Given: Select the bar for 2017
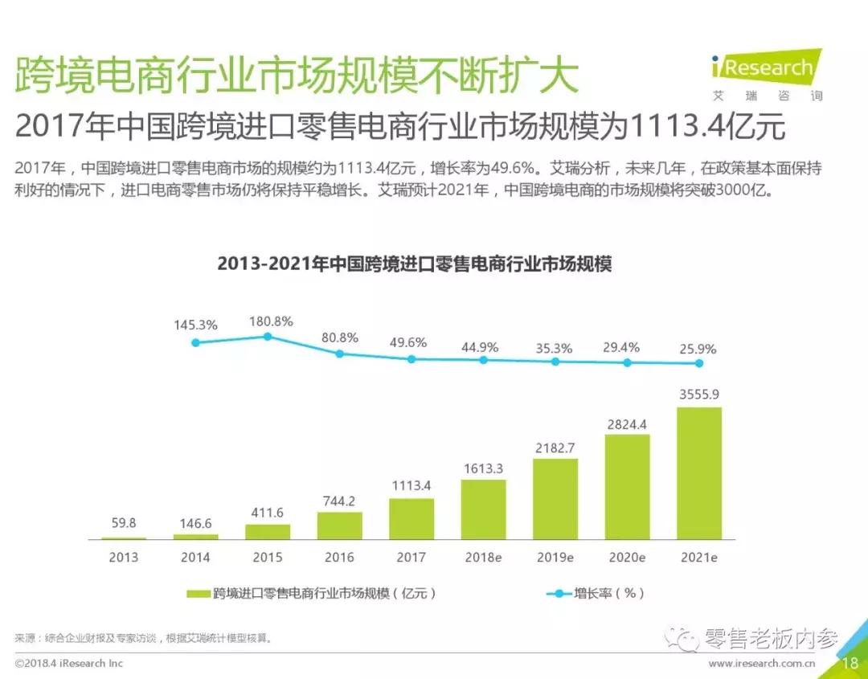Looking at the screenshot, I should [x=411, y=518].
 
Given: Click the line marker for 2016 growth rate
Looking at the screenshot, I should [x=340, y=354].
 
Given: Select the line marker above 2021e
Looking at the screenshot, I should [x=699, y=363].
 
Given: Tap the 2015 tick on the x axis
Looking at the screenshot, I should [x=268, y=557].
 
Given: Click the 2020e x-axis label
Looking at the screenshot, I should [x=627, y=557].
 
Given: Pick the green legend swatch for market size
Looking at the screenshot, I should [x=198, y=594].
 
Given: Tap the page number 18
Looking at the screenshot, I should [x=850, y=663].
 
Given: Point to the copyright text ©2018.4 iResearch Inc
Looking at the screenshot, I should [x=69, y=663].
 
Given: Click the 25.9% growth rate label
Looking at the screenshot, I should [x=697, y=350].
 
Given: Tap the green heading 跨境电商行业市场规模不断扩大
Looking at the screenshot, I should [x=297, y=77].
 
